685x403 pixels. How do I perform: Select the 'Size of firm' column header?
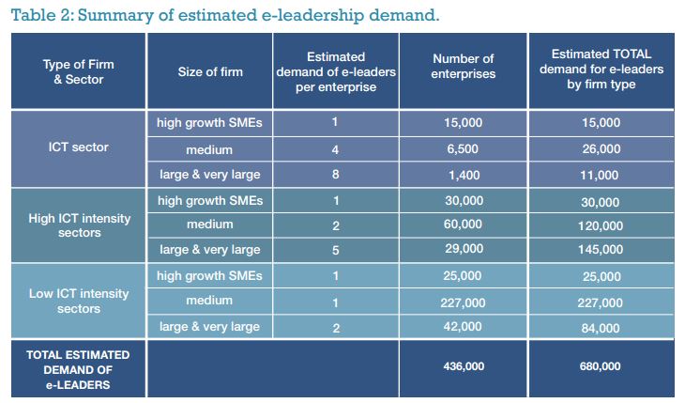click(x=208, y=71)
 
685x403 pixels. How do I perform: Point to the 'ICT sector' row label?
click(x=79, y=147)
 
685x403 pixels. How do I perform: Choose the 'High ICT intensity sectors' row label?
click(x=79, y=226)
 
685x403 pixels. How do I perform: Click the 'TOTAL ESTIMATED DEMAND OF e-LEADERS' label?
click(x=79, y=369)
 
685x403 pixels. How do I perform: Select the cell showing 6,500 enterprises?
click(x=463, y=148)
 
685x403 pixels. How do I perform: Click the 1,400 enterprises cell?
click(x=463, y=175)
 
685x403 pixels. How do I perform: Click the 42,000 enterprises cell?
click(x=463, y=328)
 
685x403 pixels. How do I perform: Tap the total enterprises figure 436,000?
click(x=463, y=366)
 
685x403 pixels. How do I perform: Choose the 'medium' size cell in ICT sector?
click(x=208, y=148)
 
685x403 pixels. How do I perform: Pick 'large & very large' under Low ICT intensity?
click(x=208, y=328)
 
